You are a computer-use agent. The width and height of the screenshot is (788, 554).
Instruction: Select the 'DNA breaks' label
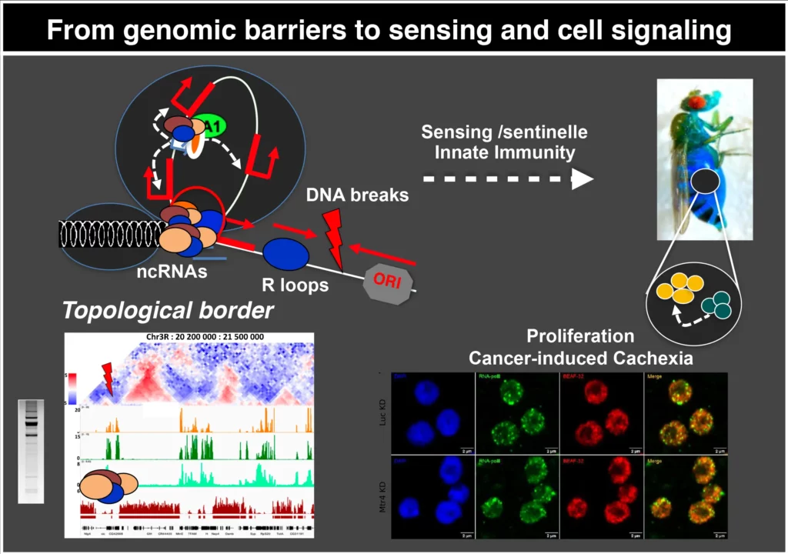[356, 195]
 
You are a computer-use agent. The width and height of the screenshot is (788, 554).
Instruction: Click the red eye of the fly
[696, 101]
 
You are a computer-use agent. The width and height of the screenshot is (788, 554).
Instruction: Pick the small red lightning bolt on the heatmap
[107, 379]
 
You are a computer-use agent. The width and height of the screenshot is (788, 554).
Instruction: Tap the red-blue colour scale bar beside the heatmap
[72, 389]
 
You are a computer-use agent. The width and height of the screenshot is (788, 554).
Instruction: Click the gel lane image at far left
[32, 450]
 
